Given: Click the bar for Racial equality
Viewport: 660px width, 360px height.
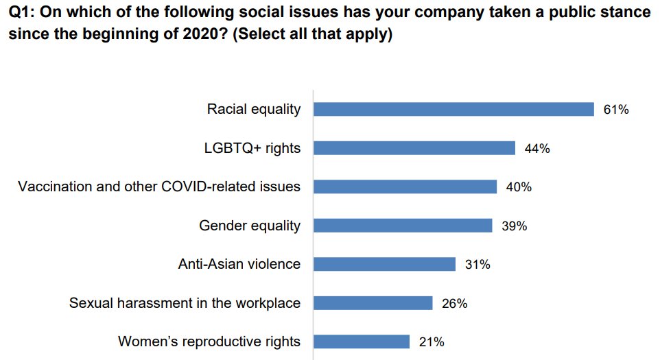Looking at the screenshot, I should click(453, 109).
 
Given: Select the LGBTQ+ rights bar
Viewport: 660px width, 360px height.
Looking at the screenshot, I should click(414, 148).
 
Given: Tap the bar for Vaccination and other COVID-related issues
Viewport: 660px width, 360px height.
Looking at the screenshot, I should click(405, 187).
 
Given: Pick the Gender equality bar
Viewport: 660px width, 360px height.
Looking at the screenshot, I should click(403, 226).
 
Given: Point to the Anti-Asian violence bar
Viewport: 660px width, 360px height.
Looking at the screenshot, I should click(384, 264).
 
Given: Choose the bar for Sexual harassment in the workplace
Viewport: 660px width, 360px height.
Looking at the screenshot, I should click(373, 303).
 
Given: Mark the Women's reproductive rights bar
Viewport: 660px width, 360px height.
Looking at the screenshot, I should click(362, 341).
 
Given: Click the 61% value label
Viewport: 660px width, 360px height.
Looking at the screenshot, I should click(615, 110).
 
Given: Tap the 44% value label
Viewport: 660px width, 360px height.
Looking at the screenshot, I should click(537, 148).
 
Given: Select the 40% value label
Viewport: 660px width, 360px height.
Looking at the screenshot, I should click(519, 187).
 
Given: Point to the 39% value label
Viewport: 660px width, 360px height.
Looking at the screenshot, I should click(514, 226).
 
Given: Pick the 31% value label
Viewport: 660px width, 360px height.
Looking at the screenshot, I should click(478, 264).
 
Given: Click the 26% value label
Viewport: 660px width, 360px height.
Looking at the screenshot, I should click(454, 303).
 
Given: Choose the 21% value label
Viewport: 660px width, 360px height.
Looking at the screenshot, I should click(432, 341).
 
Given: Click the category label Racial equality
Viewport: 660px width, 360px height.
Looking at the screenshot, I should click(254, 110).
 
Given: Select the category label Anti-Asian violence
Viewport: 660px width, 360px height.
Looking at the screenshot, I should click(239, 264).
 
